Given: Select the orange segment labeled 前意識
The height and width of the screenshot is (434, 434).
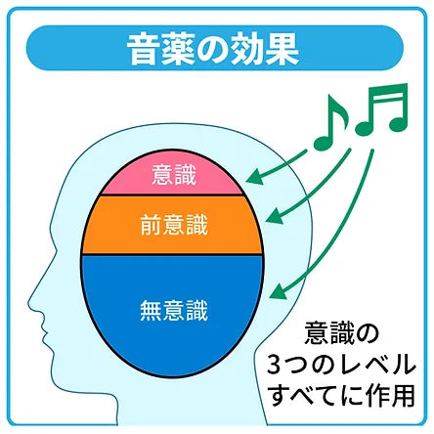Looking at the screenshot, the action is click(173, 225).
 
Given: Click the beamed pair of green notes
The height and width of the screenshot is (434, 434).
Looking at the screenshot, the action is click(382, 109).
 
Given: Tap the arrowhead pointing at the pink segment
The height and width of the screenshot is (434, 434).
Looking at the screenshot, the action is click(255, 178).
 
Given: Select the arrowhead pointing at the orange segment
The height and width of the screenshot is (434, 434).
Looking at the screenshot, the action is click(275, 216).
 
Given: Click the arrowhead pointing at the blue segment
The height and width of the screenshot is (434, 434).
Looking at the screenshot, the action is click(278, 291).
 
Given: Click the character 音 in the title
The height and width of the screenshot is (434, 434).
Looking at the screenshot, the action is click(144, 49).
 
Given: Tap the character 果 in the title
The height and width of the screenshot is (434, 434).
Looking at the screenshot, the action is click(282, 49).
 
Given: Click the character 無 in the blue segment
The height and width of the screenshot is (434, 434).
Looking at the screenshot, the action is click(151, 311).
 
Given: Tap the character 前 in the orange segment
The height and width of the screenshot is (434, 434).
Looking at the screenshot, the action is click(151, 225).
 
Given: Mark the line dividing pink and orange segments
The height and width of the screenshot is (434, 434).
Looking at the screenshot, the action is click(171, 195).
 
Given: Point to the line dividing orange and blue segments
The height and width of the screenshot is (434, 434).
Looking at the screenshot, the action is click(172, 254).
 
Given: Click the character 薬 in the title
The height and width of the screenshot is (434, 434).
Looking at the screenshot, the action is click(178, 49).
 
